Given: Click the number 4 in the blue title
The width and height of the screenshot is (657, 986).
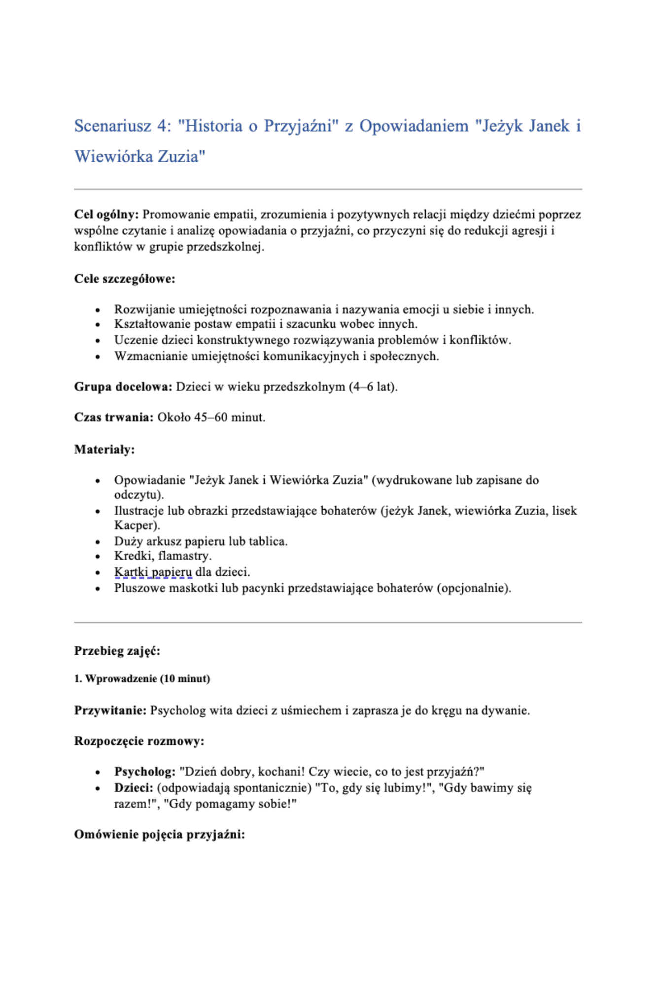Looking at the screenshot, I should click(x=162, y=126).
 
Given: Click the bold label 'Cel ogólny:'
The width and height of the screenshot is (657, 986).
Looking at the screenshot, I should click(x=106, y=214).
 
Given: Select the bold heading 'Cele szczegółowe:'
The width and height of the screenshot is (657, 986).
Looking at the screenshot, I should click(x=125, y=279).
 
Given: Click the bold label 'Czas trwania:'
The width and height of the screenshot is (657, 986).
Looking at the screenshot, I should click(x=114, y=418).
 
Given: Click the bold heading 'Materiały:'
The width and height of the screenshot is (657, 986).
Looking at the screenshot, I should click(x=104, y=450).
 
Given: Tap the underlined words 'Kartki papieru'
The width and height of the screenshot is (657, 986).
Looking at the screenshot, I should click(x=153, y=572).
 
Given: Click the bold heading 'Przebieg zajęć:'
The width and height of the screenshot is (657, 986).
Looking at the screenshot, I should click(x=117, y=651).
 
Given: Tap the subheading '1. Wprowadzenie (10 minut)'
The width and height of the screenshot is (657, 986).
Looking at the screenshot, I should click(x=142, y=679).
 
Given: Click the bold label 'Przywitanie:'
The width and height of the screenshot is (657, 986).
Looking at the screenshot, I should click(x=110, y=711).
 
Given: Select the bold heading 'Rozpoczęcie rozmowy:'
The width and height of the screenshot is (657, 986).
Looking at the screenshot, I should click(x=139, y=741).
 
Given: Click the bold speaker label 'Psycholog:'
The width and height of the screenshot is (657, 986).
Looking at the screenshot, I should click(x=145, y=772).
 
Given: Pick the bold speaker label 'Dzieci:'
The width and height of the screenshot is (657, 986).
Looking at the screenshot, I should click(x=134, y=788).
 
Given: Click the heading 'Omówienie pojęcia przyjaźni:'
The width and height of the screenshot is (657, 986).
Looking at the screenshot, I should click(x=160, y=835).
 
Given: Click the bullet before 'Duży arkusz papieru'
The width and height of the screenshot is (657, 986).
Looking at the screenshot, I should click(x=98, y=542).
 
